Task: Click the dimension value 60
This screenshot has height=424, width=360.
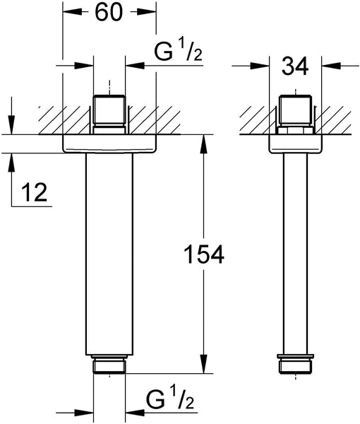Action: pos(109,12)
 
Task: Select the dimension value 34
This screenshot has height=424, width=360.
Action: pos(295,67)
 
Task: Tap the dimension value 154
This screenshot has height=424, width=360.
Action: pos(204,254)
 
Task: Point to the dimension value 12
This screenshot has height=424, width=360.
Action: pos(35,192)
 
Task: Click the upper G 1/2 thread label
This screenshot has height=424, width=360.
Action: pos(179,52)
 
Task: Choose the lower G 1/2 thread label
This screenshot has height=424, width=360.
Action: pos(170,399)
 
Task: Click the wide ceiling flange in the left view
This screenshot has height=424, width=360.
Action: pos(109,143)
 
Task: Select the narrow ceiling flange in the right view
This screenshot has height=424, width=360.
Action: pos(296,143)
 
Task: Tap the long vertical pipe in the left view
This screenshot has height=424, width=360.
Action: pos(109,254)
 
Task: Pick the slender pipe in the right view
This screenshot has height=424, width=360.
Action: pos(296,254)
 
